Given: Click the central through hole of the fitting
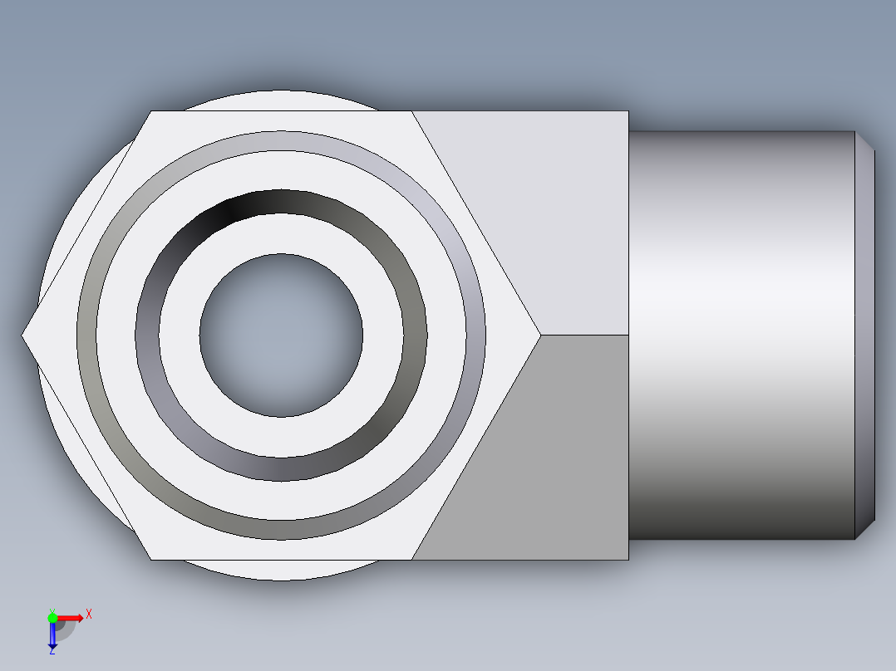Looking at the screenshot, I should [x=281, y=335].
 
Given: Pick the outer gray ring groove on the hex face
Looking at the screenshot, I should [x=281, y=140].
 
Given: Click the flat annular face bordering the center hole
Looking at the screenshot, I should [x=281, y=233].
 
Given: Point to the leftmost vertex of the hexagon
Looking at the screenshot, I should [x=23, y=335].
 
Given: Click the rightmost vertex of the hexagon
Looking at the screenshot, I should [x=540, y=335].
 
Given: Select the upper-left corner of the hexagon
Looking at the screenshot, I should [x=150, y=111].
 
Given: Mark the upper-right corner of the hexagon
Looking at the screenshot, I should [x=412, y=111].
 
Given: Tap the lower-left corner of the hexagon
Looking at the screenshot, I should [x=150, y=559].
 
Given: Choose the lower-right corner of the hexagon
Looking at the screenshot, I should [x=412, y=559].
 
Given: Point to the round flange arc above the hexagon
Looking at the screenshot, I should [x=281, y=100].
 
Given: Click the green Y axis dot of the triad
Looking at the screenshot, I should [x=52, y=616].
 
